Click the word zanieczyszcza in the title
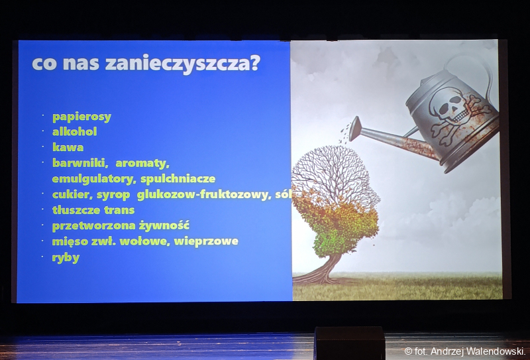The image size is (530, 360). coord(183,63)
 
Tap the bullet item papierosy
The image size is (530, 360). coord(81,117)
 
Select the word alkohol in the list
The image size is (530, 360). coord(75,131)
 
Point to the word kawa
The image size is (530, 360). coord(68,147)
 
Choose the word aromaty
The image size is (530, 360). coord(142,163)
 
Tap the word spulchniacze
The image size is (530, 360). coord(178,178)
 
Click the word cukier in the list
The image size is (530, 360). coord(72,195)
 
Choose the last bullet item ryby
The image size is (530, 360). coord(66,258)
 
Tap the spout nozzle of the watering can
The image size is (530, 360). coord(354,129)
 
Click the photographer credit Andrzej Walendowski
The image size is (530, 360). coord(478,351)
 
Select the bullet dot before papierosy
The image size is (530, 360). coord(43,115)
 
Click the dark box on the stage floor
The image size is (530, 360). coord(350,343)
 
